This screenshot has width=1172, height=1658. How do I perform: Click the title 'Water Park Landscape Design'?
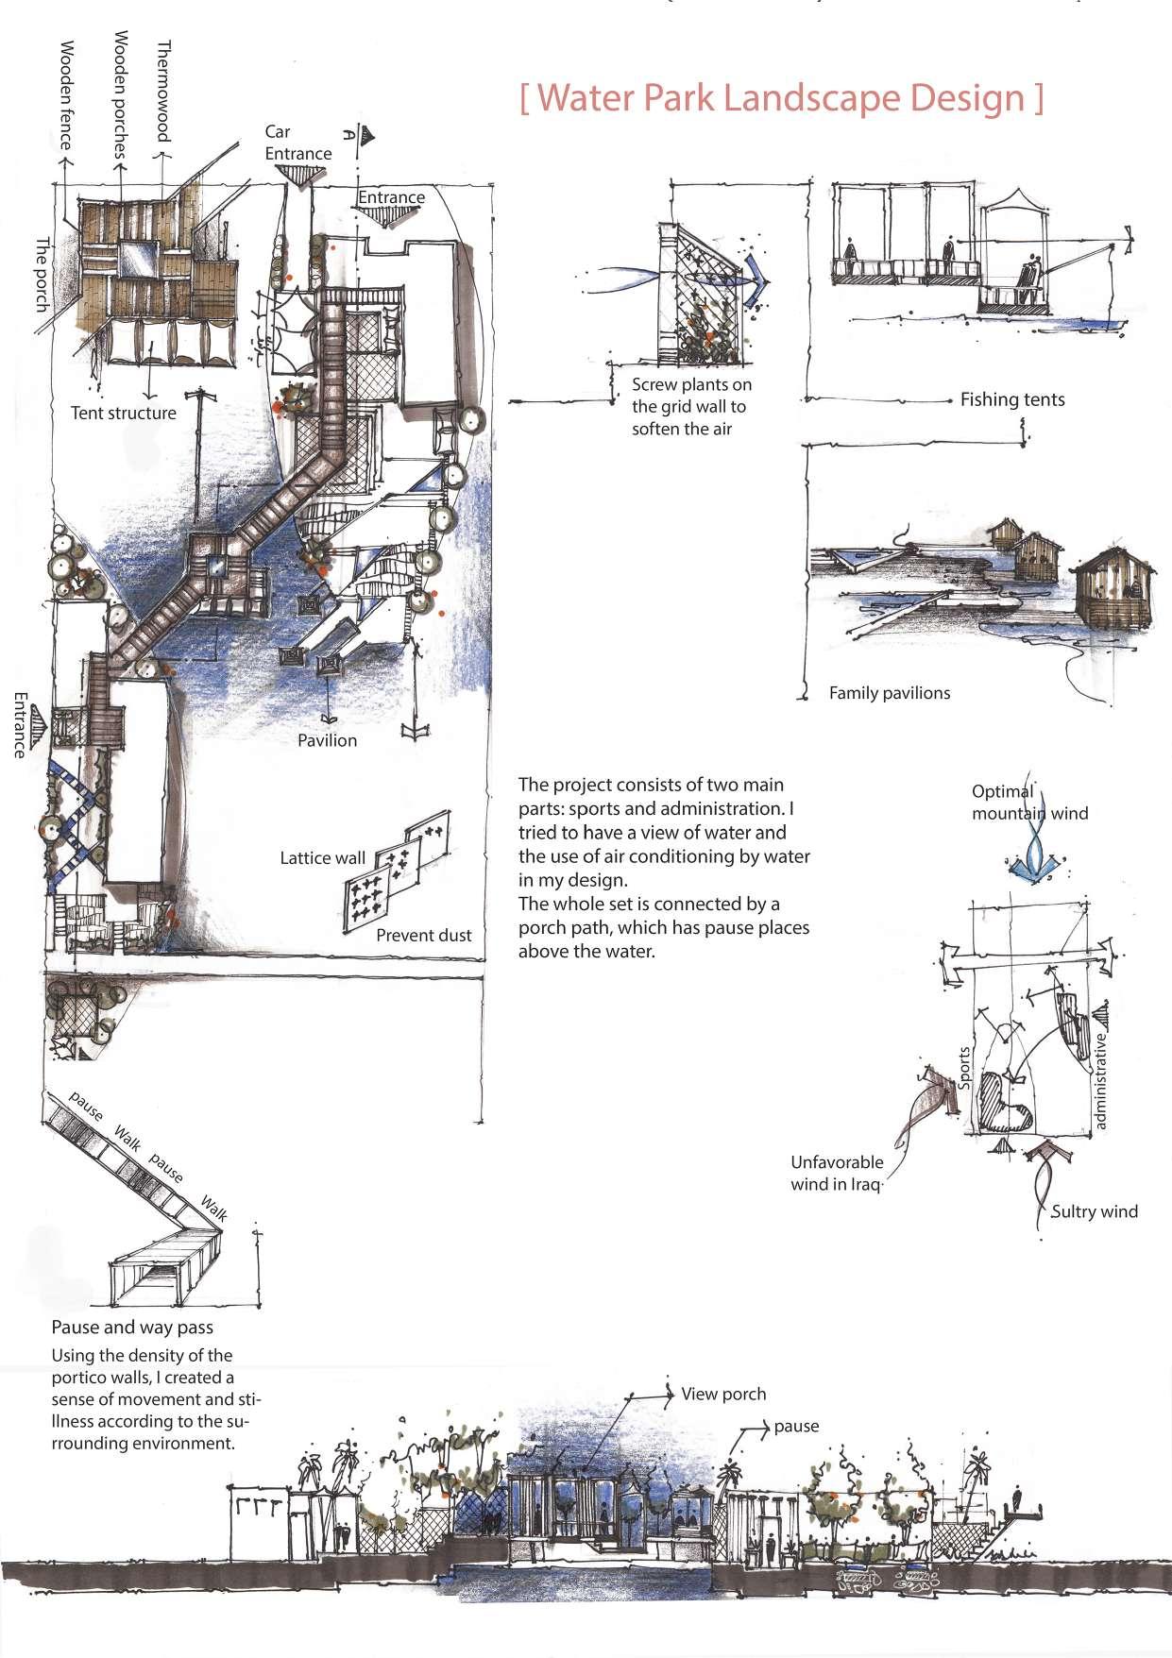[782, 98]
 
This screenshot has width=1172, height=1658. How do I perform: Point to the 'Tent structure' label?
[123, 413]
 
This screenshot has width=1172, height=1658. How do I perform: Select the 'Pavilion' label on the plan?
[327, 740]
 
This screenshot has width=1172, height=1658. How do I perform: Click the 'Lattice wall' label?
[322, 858]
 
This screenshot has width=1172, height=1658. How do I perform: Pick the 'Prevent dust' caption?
[423, 936]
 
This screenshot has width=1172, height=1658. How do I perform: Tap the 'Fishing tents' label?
[1011, 399]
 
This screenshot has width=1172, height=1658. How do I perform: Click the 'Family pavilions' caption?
[889, 693]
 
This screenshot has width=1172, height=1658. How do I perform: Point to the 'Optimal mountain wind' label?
[1028, 803]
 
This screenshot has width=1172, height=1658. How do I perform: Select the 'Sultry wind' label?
[1094, 1211]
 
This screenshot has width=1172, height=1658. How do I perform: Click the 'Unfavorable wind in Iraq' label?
[837, 1174]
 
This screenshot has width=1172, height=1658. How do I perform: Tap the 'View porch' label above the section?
[722, 1394]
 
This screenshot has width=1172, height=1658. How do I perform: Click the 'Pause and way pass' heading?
[132, 1327]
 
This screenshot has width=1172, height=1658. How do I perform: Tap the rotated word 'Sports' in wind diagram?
[964, 1068]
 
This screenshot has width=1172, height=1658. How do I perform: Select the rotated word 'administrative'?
[1100, 1081]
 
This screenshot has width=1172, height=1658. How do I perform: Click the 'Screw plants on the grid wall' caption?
[691, 407]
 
